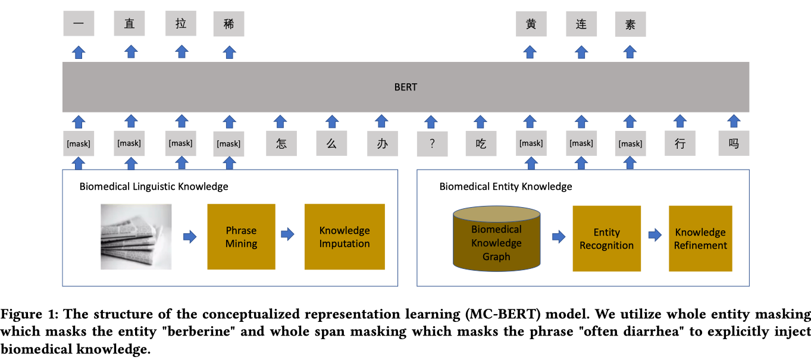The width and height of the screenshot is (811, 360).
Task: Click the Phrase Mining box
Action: click(x=241, y=236)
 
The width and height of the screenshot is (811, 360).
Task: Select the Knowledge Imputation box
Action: click(x=345, y=236)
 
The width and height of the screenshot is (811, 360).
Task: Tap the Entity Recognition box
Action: click(x=606, y=238)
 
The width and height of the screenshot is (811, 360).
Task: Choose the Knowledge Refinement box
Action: click(x=700, y=238)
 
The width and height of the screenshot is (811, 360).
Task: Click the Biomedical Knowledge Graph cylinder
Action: click(x=496, y=239)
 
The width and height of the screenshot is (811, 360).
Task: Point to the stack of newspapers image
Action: click(x=136, y=236)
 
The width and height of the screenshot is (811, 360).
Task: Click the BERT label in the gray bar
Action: click(x=406, y=87)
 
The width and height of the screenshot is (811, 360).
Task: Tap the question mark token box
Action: click(x=433, y=144)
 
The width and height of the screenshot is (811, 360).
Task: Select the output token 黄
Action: click(x=531, y=24)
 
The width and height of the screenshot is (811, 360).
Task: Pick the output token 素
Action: click(x=630, y=24)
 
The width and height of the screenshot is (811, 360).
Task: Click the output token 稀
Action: click(x=229, y=24)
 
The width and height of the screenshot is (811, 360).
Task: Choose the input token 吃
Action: click(x=481, y=144)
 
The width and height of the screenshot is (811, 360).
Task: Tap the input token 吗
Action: click(x=734, y=143)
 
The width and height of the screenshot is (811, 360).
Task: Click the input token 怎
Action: click(x=281, y=143)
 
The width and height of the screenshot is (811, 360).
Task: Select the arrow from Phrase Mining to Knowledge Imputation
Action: click(x=287, y=234)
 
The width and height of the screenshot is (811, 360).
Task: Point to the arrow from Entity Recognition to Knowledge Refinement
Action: click(x=655, y=235)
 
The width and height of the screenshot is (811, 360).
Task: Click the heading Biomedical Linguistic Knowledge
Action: click(x=154, y=186)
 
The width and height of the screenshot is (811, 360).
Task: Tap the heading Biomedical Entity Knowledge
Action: click(x=506, y=186)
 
